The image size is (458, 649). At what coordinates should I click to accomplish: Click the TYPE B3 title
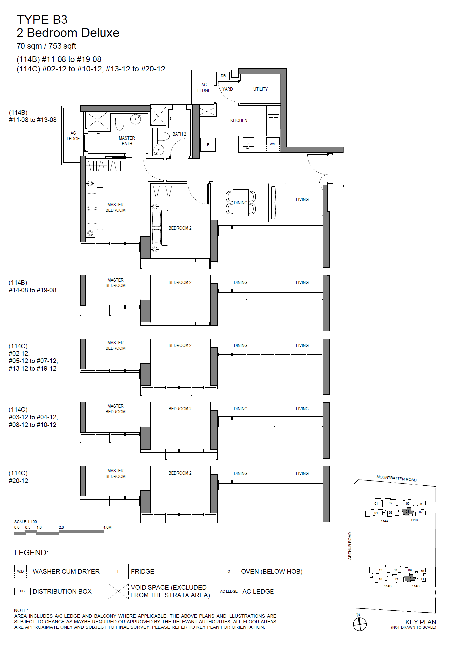click(42, 20)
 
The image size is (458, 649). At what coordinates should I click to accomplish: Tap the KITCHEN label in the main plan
click(239, 120)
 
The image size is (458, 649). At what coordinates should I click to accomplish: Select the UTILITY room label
click(260, 89)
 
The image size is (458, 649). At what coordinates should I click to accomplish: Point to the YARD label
click(228, 89)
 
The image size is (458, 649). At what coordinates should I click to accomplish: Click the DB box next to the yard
click(223, 76)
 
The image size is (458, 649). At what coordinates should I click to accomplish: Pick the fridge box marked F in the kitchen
click(208, 145)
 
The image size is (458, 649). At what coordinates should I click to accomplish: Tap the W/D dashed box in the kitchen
click(273, 144)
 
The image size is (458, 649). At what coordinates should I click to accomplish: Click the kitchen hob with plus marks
click(273, 121)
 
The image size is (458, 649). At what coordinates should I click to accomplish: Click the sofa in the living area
click(277, 203)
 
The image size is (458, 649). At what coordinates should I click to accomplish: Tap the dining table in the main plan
click(241, 203)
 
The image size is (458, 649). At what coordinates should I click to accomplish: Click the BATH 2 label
click(179, 134)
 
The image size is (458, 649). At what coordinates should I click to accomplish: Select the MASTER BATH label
click(127, 141)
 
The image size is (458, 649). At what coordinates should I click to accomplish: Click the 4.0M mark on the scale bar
click(107, 527)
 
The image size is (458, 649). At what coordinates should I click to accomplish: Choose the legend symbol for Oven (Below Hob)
click(229, 571)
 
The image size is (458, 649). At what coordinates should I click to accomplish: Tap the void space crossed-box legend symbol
click(118, 591)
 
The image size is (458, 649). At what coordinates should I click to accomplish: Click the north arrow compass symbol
click(360, 624)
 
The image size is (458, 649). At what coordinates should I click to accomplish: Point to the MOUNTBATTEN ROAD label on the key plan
click(396, 478)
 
